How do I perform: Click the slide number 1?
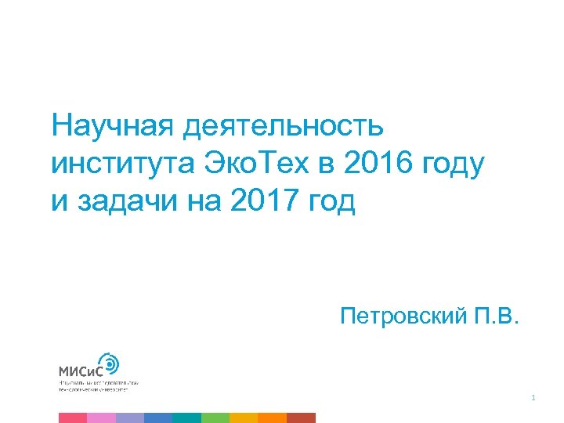533,399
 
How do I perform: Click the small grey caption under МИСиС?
98,385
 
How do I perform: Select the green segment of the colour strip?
215,418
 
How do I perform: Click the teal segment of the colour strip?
186,418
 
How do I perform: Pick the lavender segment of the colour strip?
129,418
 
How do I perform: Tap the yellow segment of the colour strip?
244,418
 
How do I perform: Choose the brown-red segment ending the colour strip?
301,418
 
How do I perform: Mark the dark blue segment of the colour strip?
158,418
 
